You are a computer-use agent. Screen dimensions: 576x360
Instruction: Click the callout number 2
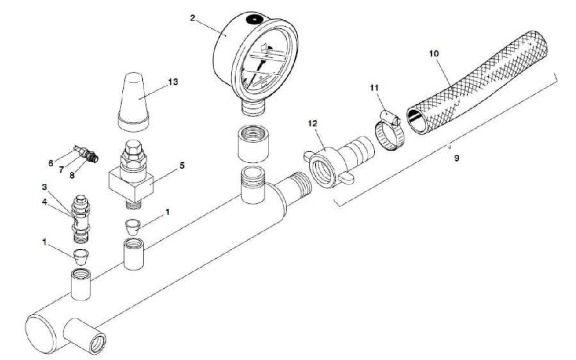(x=192, y=18)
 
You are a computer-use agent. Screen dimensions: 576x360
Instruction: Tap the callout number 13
(x=172, y=81)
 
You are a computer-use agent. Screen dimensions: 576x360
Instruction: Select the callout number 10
(x=434, y=53)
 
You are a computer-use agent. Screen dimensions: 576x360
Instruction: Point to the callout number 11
(x=374, y=87)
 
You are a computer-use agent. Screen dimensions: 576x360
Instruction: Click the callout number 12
(x=312, y=123)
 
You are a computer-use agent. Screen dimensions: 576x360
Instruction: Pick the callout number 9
(x=456, y=158)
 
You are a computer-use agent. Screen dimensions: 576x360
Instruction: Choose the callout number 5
(x=182, y=165)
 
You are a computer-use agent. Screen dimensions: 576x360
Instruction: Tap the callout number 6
(x=51, y=163)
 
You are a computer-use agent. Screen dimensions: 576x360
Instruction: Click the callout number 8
(x=72, y=176)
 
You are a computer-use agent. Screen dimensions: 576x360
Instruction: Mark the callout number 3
(x=44, y=187)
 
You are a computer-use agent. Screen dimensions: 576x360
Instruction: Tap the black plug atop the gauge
(x=254, y=19)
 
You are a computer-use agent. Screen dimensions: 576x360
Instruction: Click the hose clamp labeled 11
(x=390, y=131)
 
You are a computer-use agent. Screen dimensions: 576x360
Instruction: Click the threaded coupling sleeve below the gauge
(x=253, y=143)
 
